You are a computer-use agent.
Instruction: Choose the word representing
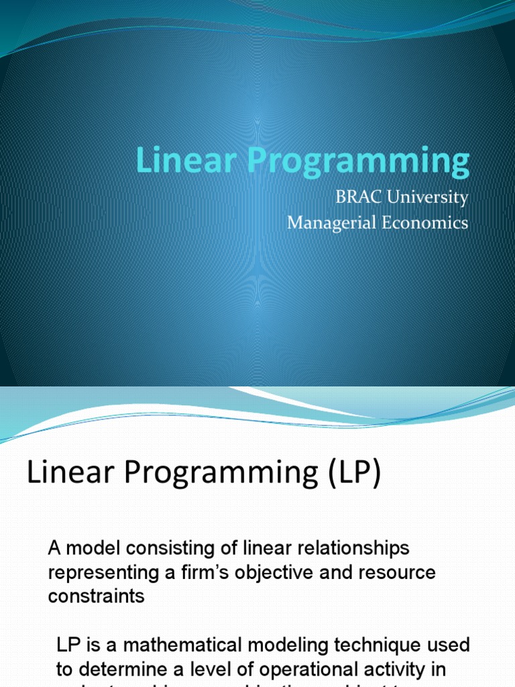tap(99, 573)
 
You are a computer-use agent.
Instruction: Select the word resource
tap(400, 573)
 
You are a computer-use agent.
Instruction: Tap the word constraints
tap(96, 596)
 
